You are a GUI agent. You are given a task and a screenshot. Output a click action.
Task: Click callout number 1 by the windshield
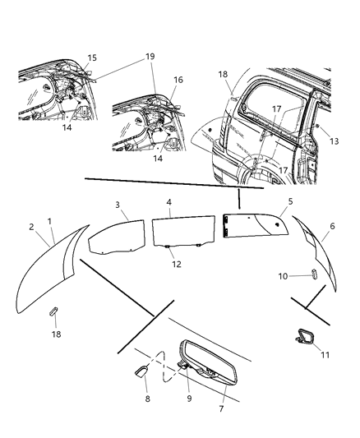pos(50,221)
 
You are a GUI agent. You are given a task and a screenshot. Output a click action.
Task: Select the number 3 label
pos(118,204)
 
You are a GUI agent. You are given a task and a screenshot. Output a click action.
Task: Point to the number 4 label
pos(168,201)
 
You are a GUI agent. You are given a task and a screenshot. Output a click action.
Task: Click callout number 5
pos(268,201)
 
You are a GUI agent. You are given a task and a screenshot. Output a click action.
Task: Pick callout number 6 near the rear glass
pos(331,226)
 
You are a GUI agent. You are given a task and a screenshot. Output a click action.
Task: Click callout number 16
pos(178,80)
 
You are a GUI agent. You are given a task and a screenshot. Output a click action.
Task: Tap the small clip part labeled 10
pos(313,274)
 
